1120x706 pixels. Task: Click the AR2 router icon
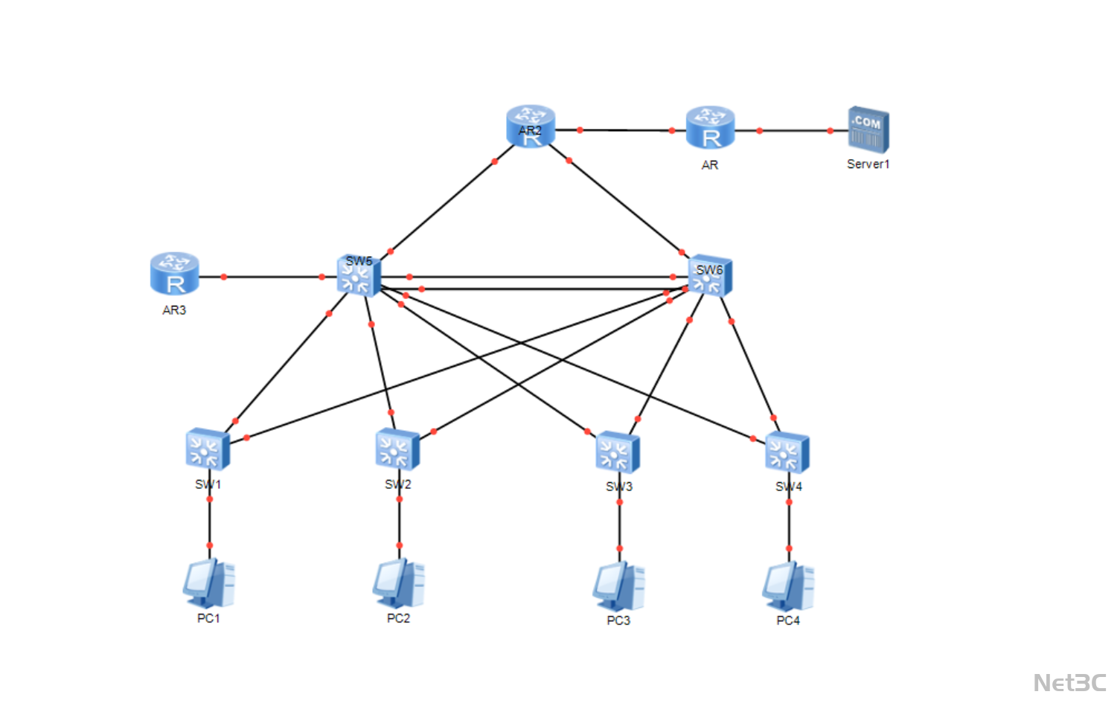click(531, 126)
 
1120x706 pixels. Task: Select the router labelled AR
click(710, 127)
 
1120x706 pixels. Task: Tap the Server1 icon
click(868, 129)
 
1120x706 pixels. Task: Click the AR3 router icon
click(174, 273)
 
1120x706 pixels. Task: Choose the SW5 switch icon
click(359, 275)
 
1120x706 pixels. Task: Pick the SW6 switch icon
click(710, 276)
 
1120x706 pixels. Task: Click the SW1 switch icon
click(208, 449)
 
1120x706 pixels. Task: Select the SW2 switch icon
click(397, 449)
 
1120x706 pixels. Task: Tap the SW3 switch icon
click(618, 452)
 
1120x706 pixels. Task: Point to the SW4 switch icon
click(787, 452)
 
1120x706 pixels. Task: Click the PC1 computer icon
click(209, 584)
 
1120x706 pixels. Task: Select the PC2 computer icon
click(399, 583)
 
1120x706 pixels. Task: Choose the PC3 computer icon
click(618, 586)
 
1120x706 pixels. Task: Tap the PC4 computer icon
click(788, 586)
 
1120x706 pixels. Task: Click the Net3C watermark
click(1069, 682)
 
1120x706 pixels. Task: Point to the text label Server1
click(868, 164)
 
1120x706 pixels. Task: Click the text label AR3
click(174, 310)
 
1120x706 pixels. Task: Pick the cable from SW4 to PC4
click(789, 525)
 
